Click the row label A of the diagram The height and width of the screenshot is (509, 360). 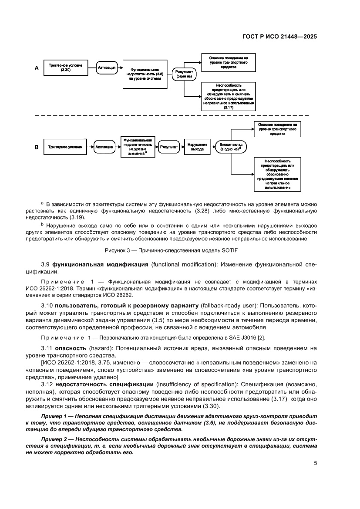pos(37,68)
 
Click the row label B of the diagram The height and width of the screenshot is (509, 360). pos(37,147)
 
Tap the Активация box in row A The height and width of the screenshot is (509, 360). pos(106,68)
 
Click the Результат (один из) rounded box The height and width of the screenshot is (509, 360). pos(185,74)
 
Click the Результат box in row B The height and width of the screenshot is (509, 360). pos(169,147)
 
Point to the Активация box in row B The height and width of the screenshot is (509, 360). pos(104,147)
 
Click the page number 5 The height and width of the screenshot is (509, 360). pos(315,463)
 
